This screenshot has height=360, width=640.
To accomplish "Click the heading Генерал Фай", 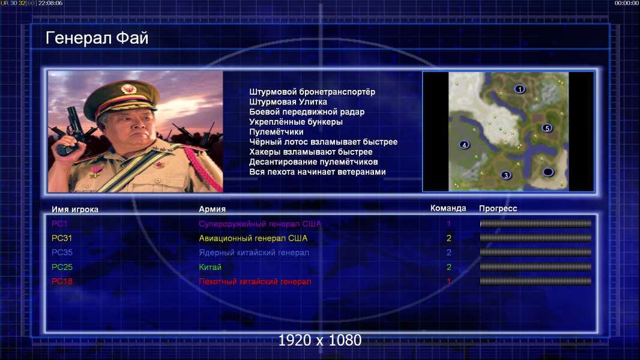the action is [97, 38].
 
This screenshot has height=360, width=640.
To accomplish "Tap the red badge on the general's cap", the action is [128, 89].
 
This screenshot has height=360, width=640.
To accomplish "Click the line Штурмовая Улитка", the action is [288, 102].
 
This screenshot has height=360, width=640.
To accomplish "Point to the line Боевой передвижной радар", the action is [307, 112].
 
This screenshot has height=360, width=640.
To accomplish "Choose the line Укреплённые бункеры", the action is [296, 122].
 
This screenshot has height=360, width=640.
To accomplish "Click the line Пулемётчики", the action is [276, 131].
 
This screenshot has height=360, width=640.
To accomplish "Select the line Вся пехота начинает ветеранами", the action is [318, 172].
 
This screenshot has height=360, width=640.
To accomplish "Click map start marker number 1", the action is [519, 89].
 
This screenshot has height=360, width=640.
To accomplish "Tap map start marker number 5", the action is [547, 128].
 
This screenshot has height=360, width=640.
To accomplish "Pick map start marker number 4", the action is [463, 145].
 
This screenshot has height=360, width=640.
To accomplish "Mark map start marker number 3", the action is [506, 175].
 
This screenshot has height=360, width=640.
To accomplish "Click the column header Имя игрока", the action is [75, 209].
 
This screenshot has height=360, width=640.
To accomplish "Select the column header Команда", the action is [448, 208].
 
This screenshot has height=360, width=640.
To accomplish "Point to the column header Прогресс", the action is [498, 208].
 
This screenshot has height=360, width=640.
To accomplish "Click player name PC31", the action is [62, 238].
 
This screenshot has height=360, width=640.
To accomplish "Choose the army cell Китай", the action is [210, 267].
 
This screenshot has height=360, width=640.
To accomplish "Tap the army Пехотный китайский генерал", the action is [255, 281].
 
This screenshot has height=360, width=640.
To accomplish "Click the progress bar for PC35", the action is [536, 253].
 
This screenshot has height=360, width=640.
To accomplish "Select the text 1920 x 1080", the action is [320, 340].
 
